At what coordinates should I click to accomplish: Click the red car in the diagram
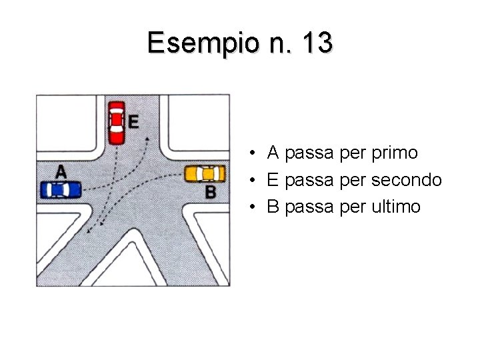point(117,122)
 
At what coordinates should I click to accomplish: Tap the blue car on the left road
point(61,190)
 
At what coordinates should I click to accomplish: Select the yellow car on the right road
point(205,173)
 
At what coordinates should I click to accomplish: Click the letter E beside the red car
point(133,121)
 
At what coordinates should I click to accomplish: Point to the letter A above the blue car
point(61,171)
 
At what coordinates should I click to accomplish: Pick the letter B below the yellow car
point(210,193)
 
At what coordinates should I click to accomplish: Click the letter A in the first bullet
point(273,153)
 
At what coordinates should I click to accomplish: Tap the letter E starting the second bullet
point(273,180)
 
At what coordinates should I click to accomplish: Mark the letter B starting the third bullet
point(273,207)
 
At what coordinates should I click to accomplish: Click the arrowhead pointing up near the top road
point(147,139)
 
